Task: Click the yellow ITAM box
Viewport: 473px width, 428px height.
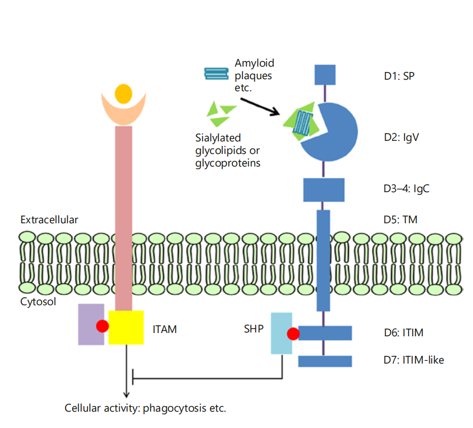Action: click(126, 328)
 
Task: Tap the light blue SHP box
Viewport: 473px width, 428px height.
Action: click(281, 334)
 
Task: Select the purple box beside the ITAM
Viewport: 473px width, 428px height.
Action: click(90, 325)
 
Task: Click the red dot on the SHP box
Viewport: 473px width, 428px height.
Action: click(293, 334)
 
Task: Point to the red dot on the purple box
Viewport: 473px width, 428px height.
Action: click(102, 326)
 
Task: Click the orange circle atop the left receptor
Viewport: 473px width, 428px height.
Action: click(124, 94)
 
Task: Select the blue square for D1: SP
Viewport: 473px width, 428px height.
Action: click(325, 75)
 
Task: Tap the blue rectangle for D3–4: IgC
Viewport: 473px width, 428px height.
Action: click(324, 189)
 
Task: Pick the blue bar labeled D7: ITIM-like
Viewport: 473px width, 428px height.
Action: click(325, 361)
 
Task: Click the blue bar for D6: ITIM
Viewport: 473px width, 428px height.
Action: click(325, 332)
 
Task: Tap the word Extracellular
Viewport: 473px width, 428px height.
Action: click(49, 220)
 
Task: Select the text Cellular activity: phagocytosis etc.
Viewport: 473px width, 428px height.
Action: click(145, 408)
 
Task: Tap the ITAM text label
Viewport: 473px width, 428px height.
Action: click(165, 329)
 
